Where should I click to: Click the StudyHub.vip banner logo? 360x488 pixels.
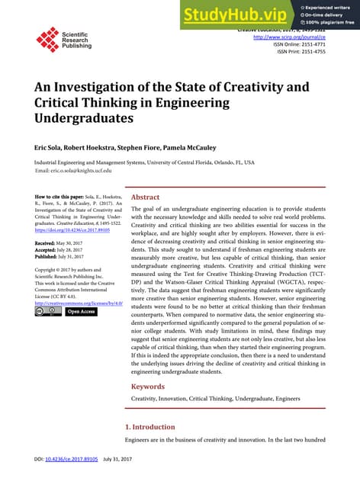229,13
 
